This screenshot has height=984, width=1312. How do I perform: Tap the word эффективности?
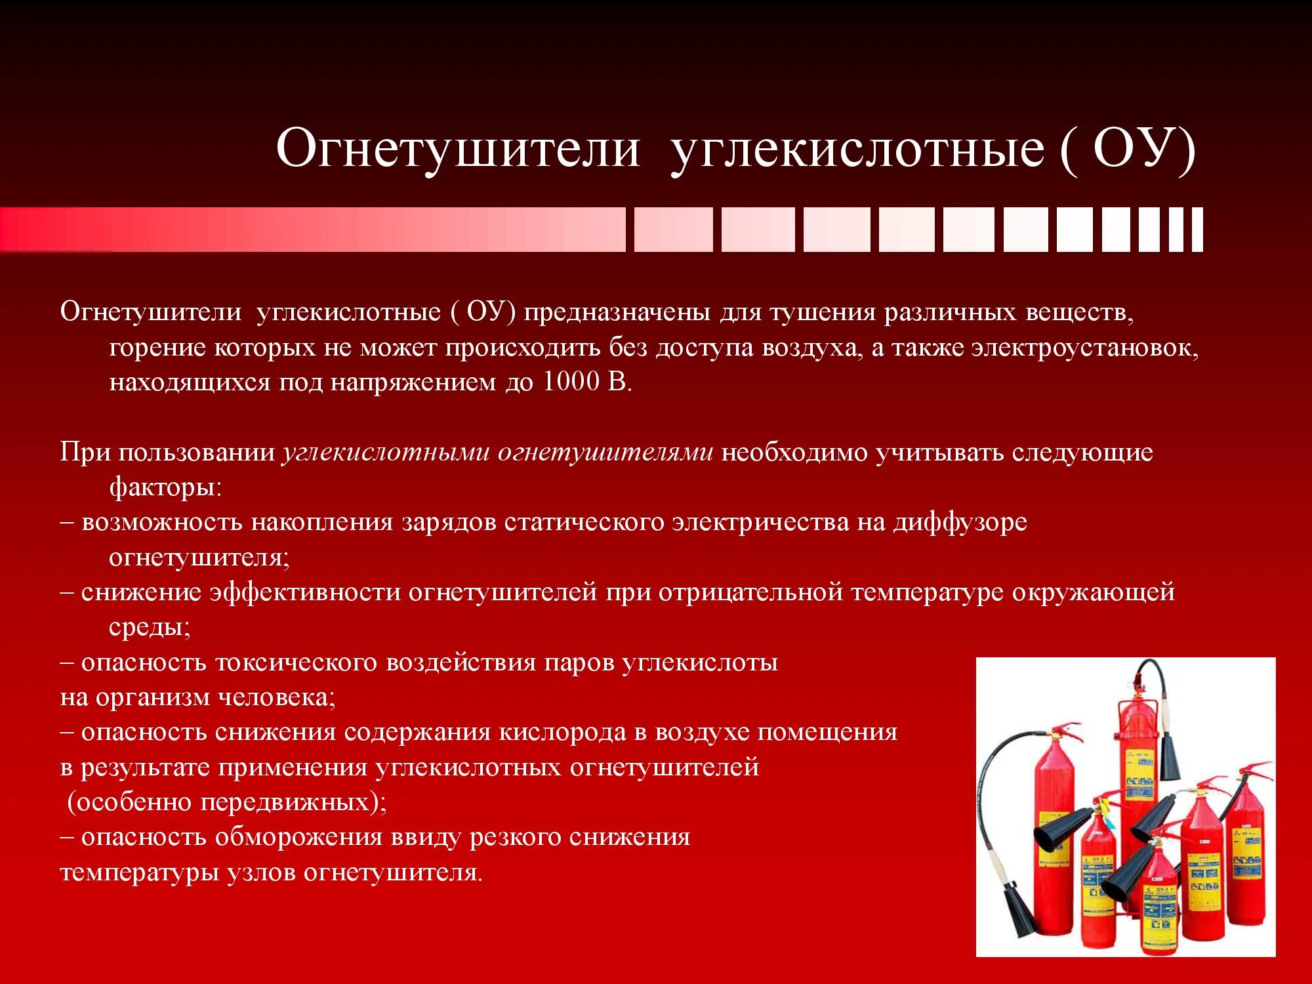tap(305, 592)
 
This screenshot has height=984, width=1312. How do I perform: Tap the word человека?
tap(276, 697)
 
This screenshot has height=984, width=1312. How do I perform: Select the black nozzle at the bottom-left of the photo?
tap(1021, 909)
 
